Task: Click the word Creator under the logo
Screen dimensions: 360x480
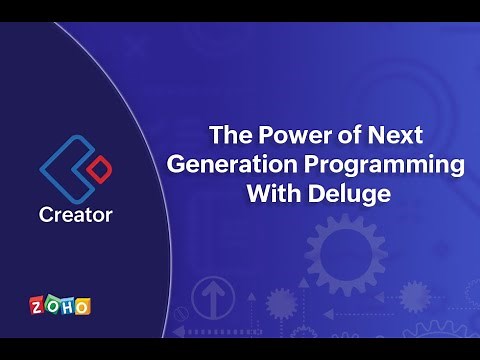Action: click(x=76, y=214)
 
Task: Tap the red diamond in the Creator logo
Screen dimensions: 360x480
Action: click(x=96, y=171)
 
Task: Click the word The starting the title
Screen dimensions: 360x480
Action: click(x=225, y=134)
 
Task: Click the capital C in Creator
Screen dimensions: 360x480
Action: click(x=47, y=214)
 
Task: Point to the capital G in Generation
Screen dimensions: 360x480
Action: click(x=176, y=164)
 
